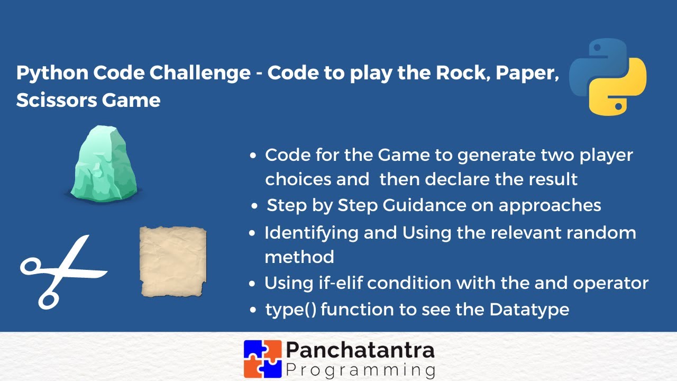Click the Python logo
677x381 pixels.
point(608,76)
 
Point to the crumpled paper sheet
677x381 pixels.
point(172,261)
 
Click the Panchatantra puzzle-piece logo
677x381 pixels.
point(262,358)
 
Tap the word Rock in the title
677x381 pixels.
point(458,73)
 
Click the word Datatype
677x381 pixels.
point(529,309)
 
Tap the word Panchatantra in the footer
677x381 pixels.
point(360,350)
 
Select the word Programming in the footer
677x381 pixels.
point(360,369)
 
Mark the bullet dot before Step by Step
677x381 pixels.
point(255,206)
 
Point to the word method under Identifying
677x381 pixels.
point(299,257)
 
